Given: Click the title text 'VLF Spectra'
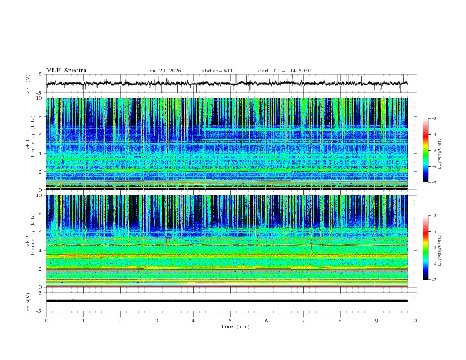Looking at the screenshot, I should coord(66,71).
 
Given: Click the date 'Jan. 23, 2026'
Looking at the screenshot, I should coord(164,71).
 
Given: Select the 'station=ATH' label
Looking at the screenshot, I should coord(218,71).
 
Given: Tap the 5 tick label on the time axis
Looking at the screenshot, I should coord(230,320).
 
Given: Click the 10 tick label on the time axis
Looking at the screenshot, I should coord(414,320).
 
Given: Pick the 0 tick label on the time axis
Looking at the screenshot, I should coord(46,320).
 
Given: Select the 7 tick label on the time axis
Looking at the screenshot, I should coord(304,320).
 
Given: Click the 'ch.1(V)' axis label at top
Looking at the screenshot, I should coord(28,84).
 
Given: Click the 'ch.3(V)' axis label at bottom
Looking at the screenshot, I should coord(28,301).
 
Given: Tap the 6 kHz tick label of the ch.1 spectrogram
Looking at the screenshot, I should coord(40,135).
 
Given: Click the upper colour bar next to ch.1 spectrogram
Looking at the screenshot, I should coord(425,151).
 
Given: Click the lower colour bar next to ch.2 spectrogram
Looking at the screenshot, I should coord(425,248).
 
